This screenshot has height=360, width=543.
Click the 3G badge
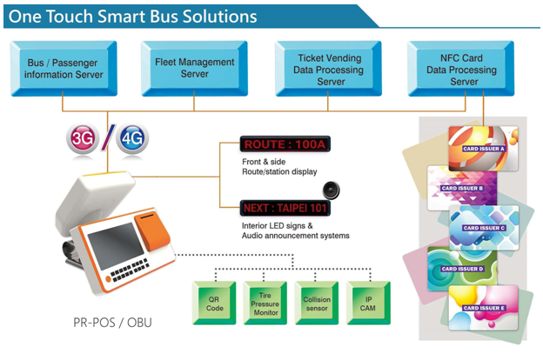84,137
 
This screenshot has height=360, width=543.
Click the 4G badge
133,137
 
